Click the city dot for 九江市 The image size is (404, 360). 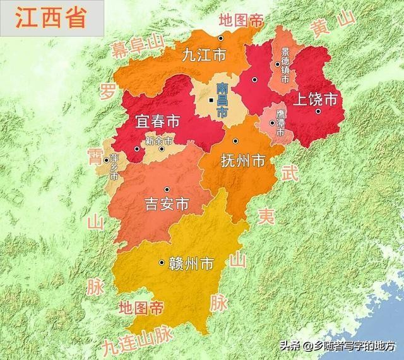[x=220, y=39]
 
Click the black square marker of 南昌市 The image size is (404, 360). [x=211, y=100]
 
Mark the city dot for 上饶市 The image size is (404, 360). [x=319, y=111]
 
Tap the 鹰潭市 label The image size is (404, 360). [x=281, y=125]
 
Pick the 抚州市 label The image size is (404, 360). [x=242, y=161]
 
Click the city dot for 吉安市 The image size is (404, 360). [x=167, y=189]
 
